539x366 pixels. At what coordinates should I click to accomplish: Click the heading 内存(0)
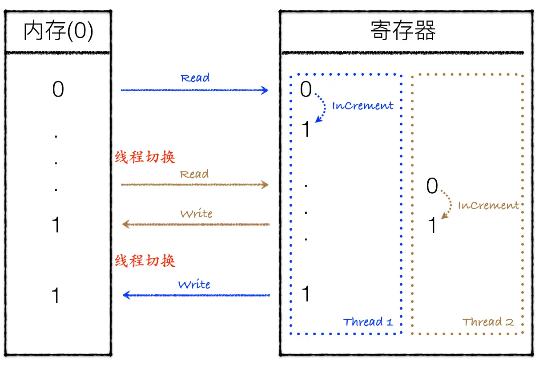[x=58, y=32]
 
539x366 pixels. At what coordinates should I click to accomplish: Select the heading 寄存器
[x=403, y=31]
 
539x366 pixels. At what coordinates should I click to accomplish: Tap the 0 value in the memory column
[x=58, y=90]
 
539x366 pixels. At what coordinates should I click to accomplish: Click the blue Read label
[x=195, y=78]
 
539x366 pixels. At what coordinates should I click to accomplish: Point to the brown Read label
[x=194, y=174]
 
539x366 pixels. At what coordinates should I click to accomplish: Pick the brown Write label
[x=196, y=214]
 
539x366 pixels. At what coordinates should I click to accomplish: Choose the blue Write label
[x=194, y=285]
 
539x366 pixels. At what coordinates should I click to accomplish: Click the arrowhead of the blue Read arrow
[x=265, y=90]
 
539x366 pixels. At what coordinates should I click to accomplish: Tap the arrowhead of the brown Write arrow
[x=125, y=224]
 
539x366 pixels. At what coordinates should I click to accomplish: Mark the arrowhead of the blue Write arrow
[x=125, y=295]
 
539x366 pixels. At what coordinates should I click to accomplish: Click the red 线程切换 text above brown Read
[x=145, y=157]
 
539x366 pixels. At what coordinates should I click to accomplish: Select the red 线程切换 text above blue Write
[x=145, y=260]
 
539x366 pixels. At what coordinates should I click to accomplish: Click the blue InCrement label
[x=363, y=106]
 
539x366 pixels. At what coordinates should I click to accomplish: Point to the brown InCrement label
[x=488, y=206]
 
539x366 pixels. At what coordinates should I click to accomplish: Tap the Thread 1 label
[x=368, y=322]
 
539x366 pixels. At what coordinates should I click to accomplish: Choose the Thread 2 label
[x=488, y=322]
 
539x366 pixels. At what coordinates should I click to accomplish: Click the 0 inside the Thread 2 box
[x=432, y=186]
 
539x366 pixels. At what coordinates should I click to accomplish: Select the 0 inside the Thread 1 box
[x=306, y=90]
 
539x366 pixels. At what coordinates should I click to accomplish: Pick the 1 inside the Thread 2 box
[x=432, y=226]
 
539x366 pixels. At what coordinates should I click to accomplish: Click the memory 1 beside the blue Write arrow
[x=56, y=296]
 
